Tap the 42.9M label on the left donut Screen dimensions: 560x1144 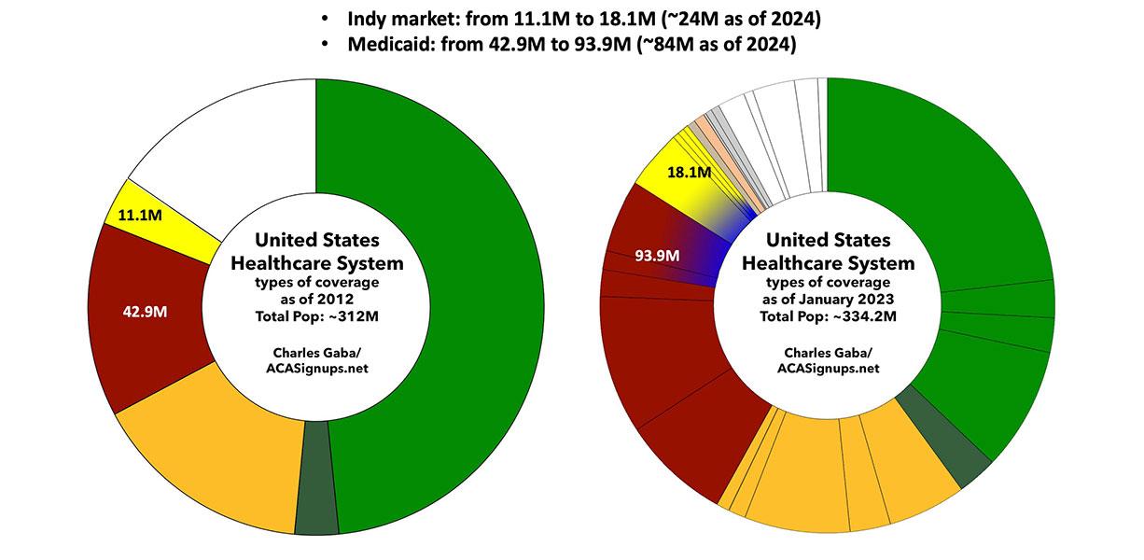144,312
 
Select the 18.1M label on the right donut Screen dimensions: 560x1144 691,173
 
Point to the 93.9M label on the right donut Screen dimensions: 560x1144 656,255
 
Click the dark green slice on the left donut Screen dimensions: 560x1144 315,477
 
